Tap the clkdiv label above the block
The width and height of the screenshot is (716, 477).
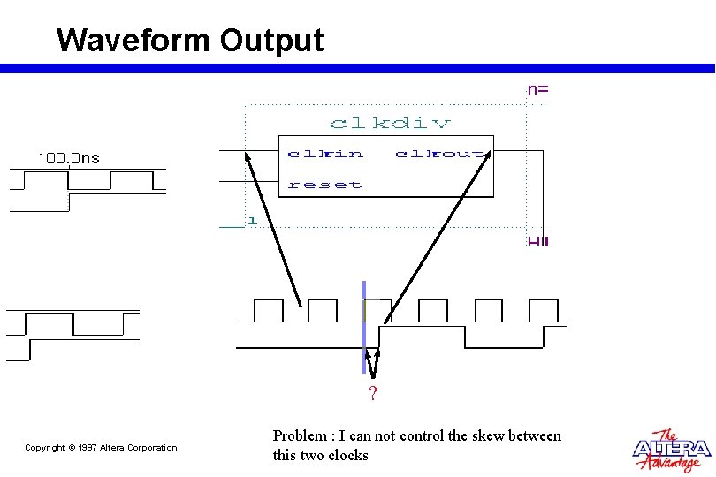tap(390, 123)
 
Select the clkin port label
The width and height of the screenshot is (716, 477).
tap(325, 154)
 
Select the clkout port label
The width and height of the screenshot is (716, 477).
tap(439, 154)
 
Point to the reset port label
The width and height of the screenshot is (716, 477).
tap(324, 185)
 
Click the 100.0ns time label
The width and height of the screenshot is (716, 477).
tap(68, 158)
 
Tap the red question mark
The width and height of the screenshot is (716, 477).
tap(373, 394)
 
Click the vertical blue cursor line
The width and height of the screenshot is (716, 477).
tap(363, 327)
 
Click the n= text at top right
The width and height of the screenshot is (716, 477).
tap(538, 89)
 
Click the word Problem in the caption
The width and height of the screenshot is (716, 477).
tap(300, 435)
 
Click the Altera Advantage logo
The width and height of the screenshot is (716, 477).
tap(671, 450)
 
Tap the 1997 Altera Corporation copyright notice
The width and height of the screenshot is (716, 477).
tap(101, 448)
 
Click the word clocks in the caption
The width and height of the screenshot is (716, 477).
tap(347, 456)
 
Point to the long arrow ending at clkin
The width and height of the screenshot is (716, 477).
tap(273, 229)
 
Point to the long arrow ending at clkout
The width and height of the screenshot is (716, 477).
tap(437, 234)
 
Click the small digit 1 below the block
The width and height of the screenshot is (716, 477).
tap(252, 219)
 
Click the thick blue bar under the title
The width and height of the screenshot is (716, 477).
tap(358, 68)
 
